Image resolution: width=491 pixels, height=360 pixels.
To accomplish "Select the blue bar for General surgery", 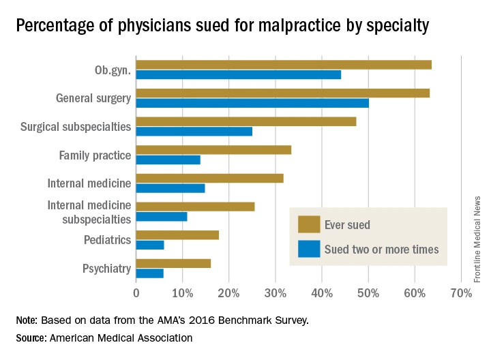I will (252, 103).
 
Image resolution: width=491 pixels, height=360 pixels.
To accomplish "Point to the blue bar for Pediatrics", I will (150, 245).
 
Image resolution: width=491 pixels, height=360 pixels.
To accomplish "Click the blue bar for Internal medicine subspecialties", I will (162, 216).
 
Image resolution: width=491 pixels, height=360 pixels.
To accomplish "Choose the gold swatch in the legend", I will (309, 224).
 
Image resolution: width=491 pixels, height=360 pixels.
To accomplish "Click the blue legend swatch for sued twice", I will (309, 250).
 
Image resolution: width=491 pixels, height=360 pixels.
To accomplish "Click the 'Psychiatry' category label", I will (106, 269).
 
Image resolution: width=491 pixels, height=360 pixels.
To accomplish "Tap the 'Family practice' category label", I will (95, 155).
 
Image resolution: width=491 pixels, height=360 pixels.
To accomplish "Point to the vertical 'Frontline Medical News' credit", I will (477, 239).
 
